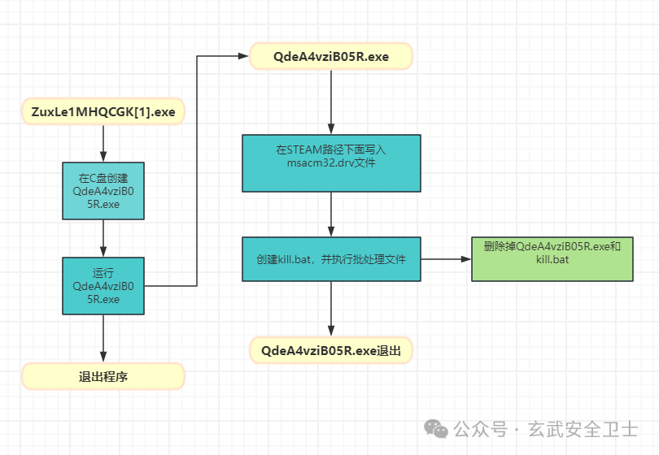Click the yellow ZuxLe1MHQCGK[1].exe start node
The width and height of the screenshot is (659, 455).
[x=103, y=112]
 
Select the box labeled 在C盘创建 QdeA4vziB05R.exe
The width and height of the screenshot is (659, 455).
[x=103, y=191]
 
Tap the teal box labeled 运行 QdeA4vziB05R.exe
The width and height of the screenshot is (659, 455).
[x=103, y=285]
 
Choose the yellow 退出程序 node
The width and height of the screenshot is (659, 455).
[x=103, y=376]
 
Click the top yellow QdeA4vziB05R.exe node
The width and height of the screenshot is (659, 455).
[x=331, y=56]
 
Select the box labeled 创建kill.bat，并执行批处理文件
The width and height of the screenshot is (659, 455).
[x=331, y=259]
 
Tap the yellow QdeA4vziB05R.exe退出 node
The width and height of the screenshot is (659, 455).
[x=331, y=351]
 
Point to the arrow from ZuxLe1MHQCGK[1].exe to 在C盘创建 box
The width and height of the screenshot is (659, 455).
[x=103, y=144]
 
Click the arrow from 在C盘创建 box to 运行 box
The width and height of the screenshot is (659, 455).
[x=103, y=239]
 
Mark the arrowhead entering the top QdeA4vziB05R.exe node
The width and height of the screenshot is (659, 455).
[x=242, y=56]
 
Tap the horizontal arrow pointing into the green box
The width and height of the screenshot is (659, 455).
[x=446, y=259]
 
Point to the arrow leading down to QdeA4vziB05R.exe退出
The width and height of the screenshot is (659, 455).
[x=331, y=310]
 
